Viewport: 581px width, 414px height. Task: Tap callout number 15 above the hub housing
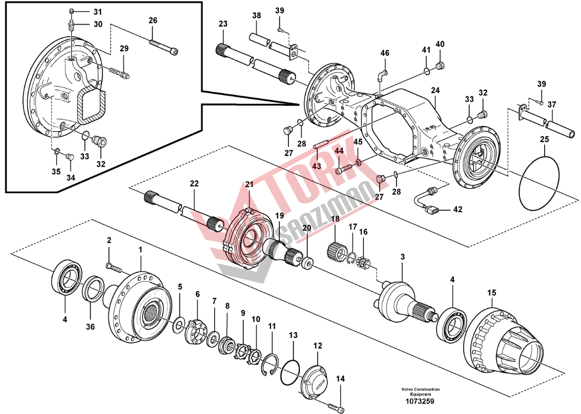point(492,293)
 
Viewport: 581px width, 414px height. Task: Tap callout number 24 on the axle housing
point(435,90)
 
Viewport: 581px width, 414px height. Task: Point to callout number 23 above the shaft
point(222,24)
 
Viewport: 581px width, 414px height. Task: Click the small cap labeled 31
point(72,12)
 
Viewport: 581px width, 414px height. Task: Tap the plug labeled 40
point(440,65)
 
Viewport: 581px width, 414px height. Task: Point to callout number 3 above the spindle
point(402,256)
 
